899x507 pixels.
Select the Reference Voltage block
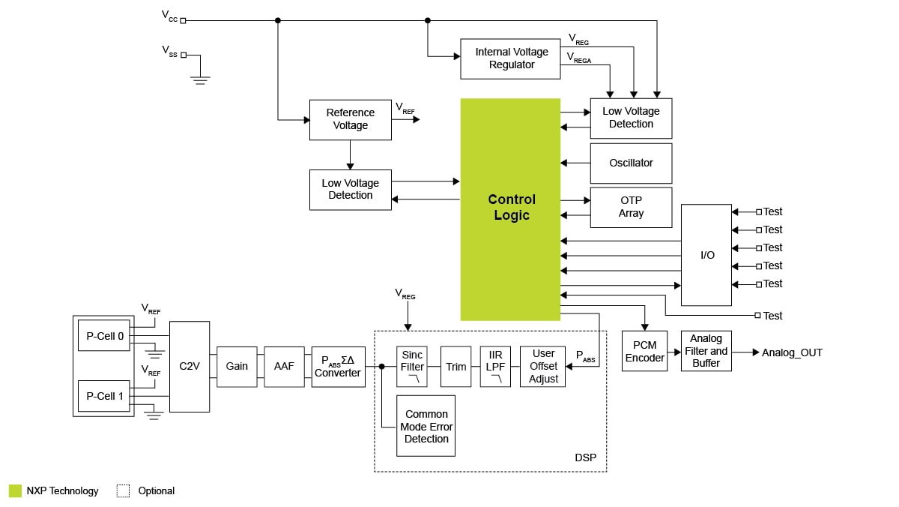[350, 119]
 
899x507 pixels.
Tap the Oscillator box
[631, 163]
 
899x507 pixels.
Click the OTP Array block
[631, 207]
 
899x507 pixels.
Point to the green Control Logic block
[510, 208]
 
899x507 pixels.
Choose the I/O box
[706, 255]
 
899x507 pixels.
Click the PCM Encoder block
[644, 351]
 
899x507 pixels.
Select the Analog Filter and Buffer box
[706, 351]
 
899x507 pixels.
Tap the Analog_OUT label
[792, 352]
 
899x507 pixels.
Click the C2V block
[190, 366]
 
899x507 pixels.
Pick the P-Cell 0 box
[105, 336]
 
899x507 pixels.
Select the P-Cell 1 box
[105, 396]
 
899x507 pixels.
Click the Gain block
[237, 366]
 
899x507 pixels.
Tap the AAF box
[284, 366]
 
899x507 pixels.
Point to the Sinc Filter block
[412, 366]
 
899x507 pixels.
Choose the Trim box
[455, 366]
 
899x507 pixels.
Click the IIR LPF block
[495, 366]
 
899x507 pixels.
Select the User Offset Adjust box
[542, 366]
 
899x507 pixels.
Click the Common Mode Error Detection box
[426, 426]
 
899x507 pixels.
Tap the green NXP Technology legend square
[16, 491]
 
